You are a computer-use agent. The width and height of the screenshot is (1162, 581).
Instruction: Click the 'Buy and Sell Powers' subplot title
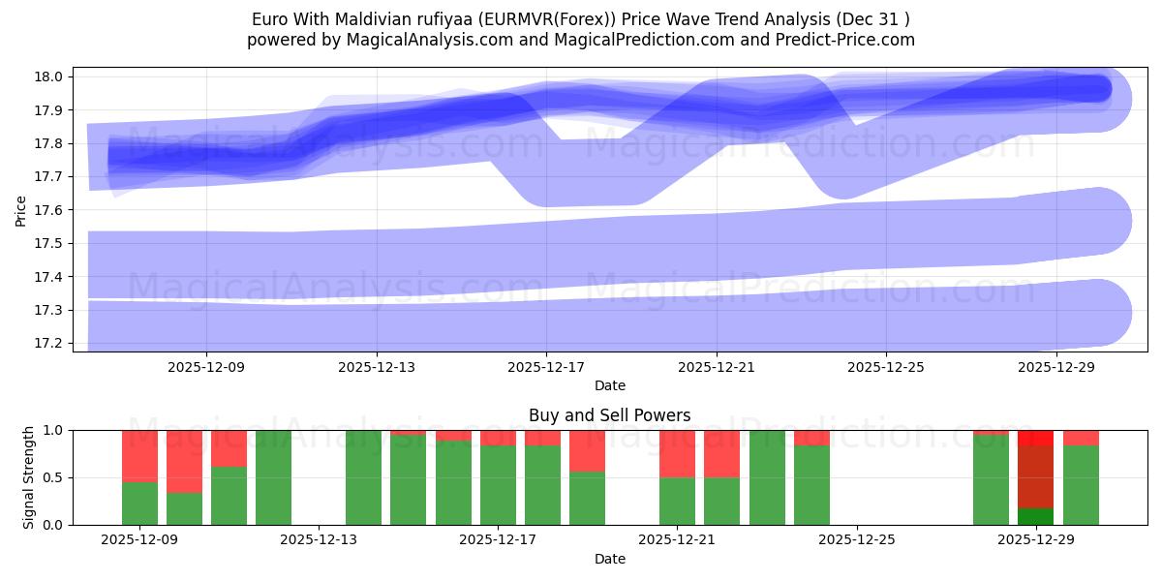click(x=609, y=415)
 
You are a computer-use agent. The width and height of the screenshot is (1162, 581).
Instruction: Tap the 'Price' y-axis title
click(x=21, y=209)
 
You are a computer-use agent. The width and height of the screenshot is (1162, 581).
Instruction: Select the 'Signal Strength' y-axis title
click(x=29, y=477)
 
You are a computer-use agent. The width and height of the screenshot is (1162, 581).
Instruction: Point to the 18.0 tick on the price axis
click(x=52, y=77)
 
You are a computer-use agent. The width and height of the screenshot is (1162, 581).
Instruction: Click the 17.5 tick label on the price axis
click(x=52, y=244)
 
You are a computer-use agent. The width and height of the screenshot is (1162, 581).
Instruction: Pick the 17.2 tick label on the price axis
click(x=52, y=344)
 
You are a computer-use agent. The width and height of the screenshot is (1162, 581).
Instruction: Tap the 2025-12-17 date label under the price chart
click(x=546, y=367)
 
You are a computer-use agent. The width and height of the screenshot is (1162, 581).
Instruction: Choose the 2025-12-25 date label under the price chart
click(x=886, y=367)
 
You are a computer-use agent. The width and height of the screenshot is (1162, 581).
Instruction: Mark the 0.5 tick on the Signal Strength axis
click(x=54, y=477)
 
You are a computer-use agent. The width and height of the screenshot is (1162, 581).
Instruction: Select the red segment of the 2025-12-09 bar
click(x=139, y=455)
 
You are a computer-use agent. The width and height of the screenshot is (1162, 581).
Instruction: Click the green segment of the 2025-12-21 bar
click(x=677, y=501)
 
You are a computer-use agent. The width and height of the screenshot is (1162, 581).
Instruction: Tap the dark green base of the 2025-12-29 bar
click(x=1035, y=516)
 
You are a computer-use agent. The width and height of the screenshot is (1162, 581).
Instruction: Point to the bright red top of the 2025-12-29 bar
click(x=1035, y=438)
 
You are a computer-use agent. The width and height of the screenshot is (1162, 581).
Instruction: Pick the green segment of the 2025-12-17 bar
click(x=498, y=484)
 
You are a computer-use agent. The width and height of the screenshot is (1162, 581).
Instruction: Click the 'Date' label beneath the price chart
click(x=609, y=385)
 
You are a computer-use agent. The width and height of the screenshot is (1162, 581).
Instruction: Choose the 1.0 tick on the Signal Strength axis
click(x=54, y=430)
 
